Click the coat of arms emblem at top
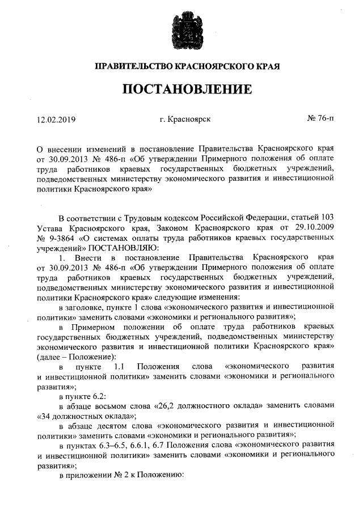point(181,28)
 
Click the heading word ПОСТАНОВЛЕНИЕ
point(181,89)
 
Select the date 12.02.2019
point(56,120)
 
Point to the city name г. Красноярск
point(185,120)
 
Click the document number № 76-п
point(320,120)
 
